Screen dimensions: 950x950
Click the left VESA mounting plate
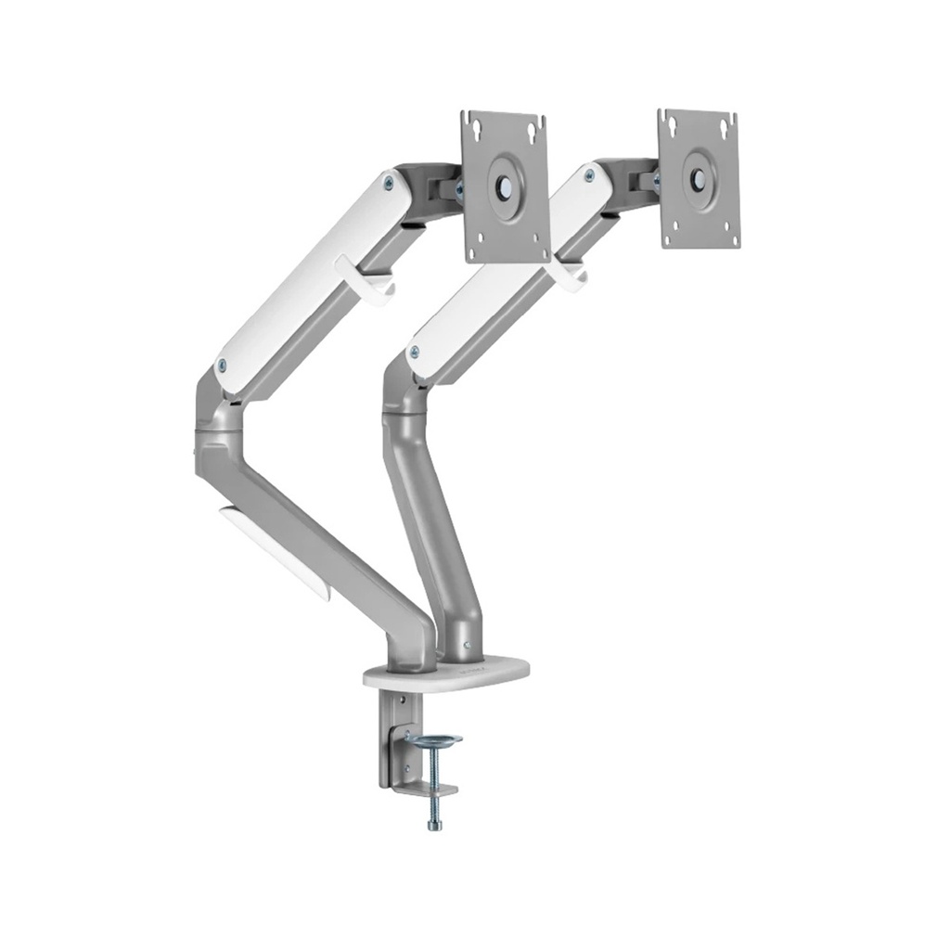coord(506,186)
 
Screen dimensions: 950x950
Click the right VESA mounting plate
coord(699,178)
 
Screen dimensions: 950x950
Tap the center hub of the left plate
coord(506,186)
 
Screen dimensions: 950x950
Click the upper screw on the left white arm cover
coord(388,183)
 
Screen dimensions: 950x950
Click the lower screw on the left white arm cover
coord(222,365)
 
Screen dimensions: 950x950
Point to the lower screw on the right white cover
coord(414,351)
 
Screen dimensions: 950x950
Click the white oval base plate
coord(445,675)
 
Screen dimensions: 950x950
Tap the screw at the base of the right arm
coord(469,647)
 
